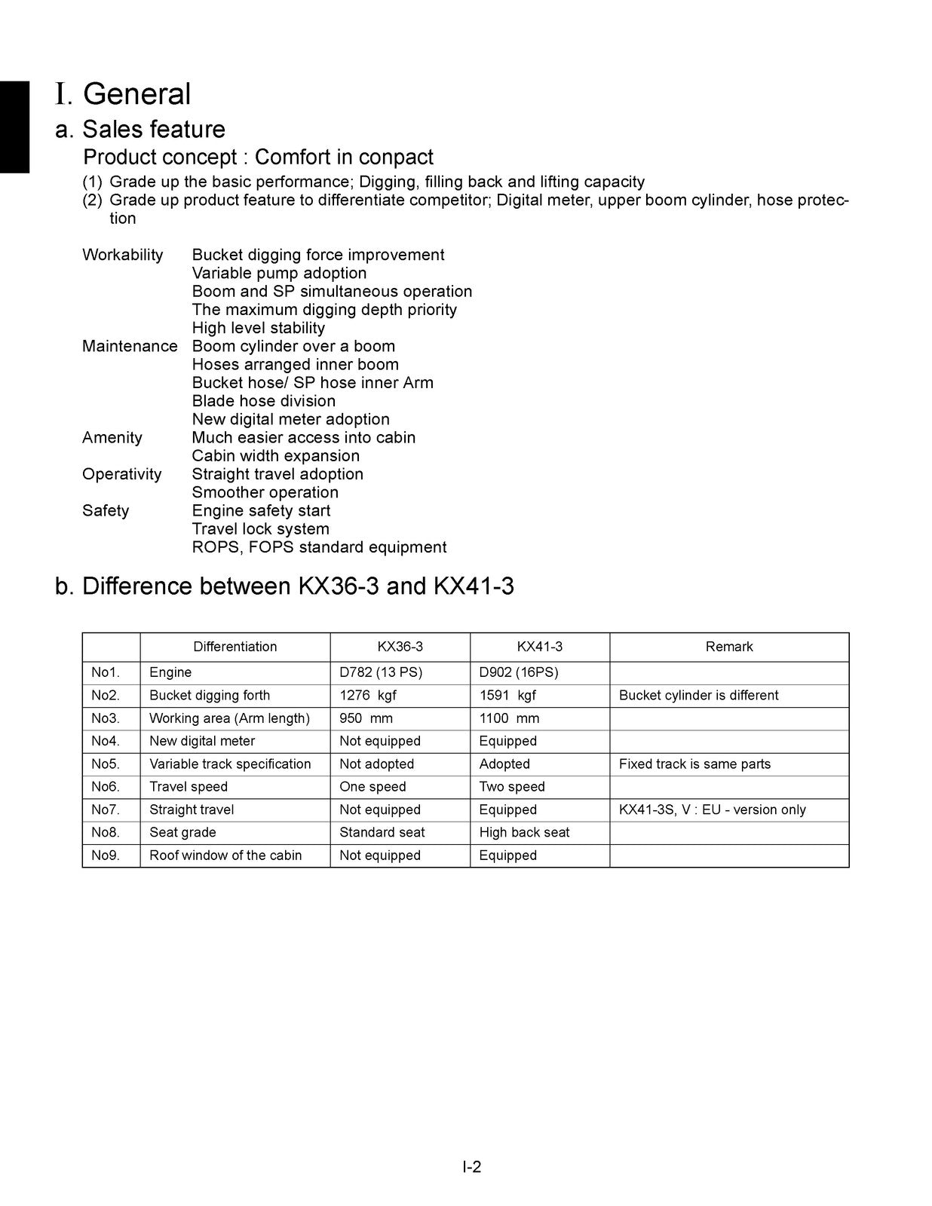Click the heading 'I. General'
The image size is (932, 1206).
tap(123, 94)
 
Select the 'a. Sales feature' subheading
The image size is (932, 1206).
tap(140, 130)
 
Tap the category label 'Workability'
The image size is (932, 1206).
tap(122, 255)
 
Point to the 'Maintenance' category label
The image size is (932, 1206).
tap(130, 346)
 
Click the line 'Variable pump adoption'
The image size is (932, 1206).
tap(279, 274)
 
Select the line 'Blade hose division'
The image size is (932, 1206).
tap(263, 401)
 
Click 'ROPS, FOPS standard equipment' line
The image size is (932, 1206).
tap(319, 547)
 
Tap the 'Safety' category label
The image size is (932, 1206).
tap(106, 511)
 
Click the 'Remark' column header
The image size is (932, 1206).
tap(729, 647)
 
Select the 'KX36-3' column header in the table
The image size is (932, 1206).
tap(400, 647)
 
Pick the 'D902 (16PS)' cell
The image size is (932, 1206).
tap(519, 672)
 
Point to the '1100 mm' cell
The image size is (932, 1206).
tap(509, 718)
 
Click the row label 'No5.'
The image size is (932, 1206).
tap(106, 764)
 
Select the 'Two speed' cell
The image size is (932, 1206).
tap(512, 787)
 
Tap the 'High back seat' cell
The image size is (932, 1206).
tap(524, 833)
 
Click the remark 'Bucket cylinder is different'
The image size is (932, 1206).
tap(698, 695)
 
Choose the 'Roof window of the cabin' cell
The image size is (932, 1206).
tap(225, 856)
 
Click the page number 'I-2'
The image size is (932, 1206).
tap(472, 1168)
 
